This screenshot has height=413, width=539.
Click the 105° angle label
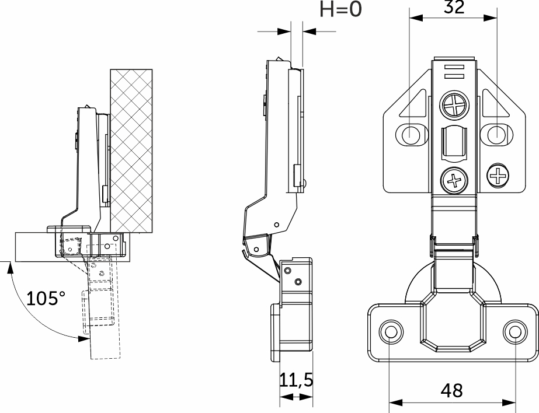click(x=46, y=299)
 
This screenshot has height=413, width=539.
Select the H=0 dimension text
click(x=341, y=10)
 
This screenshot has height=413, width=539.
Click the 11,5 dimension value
click(x=296, y=381)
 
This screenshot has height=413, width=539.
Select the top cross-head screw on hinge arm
click(x=455, y=107)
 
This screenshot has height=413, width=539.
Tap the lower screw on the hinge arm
click(x=454, y=179)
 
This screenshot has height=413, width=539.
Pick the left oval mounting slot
click(x=411, y=134)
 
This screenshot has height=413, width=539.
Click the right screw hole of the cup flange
click(x=514, y=332)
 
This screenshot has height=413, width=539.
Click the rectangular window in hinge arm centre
click(x=454, y=141)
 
